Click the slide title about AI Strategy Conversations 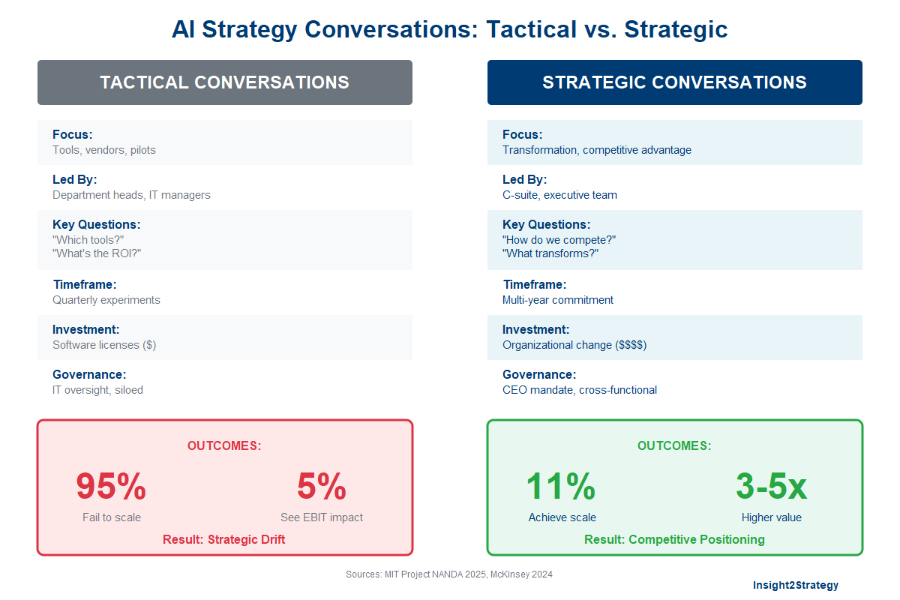coord(449,29)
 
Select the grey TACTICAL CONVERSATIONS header coord(225,82)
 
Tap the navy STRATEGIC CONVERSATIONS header coord(674,82)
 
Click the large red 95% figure coord(111,487)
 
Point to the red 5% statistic coord(322,487)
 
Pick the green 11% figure coord(561,487)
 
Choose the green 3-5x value coord(771,487)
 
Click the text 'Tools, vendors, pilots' coord(104,150)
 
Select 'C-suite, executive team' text coord(559,195)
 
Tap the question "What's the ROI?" coord(97,253)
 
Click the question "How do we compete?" coord(559,240)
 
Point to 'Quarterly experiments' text coord(106,300)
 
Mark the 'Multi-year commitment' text coord(558,300)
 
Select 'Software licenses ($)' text coord(104,345)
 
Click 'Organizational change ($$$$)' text coord(574,345)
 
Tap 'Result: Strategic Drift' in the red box coord(224,540)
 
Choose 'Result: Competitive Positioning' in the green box coord(674,540)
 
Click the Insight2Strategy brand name coord(796,585)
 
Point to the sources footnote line coord(449,574)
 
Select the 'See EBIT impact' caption coord(322,517)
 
